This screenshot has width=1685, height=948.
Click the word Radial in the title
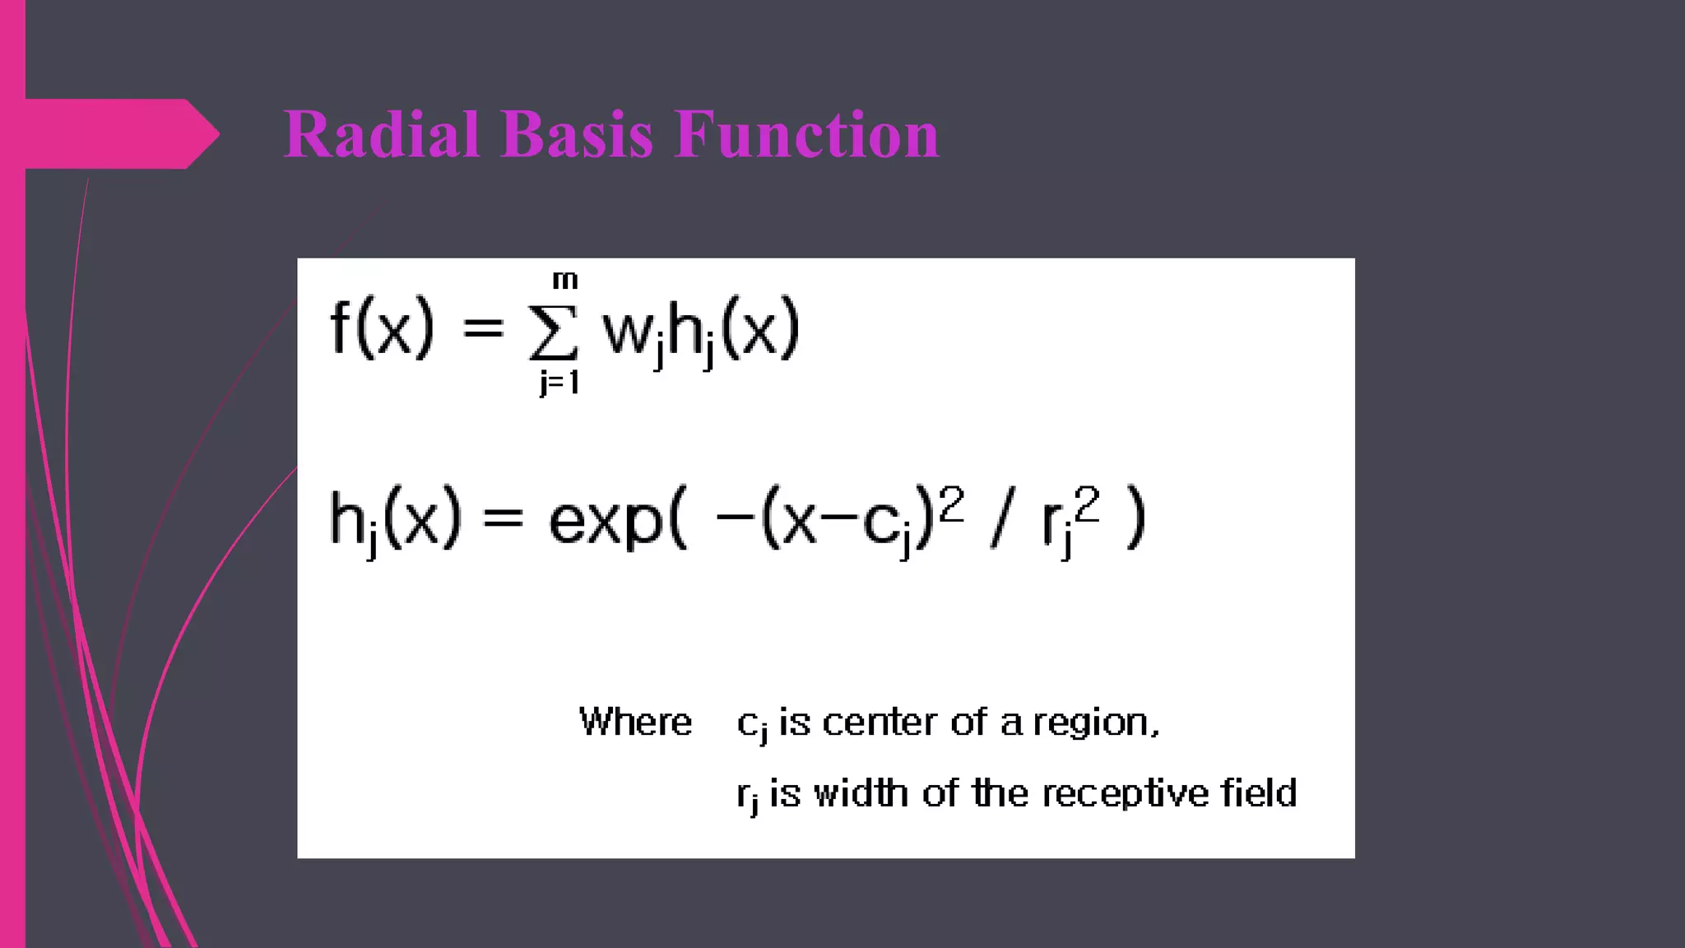381,134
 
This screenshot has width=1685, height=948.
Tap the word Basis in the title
576,134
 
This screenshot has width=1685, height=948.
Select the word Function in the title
806,134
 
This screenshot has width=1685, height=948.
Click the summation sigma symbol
553,333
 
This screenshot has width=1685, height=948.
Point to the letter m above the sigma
564,281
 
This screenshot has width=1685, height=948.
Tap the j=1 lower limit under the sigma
559,383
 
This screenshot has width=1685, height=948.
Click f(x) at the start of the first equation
382,328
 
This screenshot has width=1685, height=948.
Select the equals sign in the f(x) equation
483,329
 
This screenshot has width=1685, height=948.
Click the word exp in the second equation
606,521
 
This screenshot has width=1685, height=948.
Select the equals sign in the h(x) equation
503,518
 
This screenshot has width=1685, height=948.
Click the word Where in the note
635,722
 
